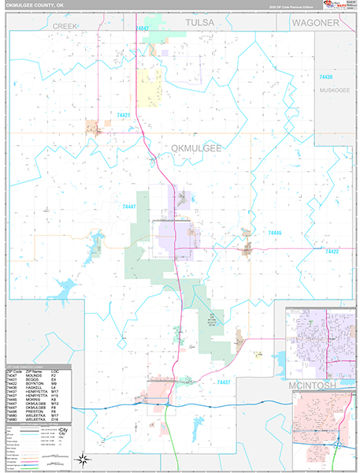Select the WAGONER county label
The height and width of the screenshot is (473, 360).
314,24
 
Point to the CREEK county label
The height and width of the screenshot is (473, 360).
67,26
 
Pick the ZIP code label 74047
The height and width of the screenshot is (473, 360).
142,28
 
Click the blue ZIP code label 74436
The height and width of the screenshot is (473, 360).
325,77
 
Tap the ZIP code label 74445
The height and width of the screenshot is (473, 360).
274,233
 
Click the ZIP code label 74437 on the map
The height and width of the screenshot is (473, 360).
222,382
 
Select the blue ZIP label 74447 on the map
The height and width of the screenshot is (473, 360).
129,207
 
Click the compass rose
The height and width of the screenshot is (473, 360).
82,458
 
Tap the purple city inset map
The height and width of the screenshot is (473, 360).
322,339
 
